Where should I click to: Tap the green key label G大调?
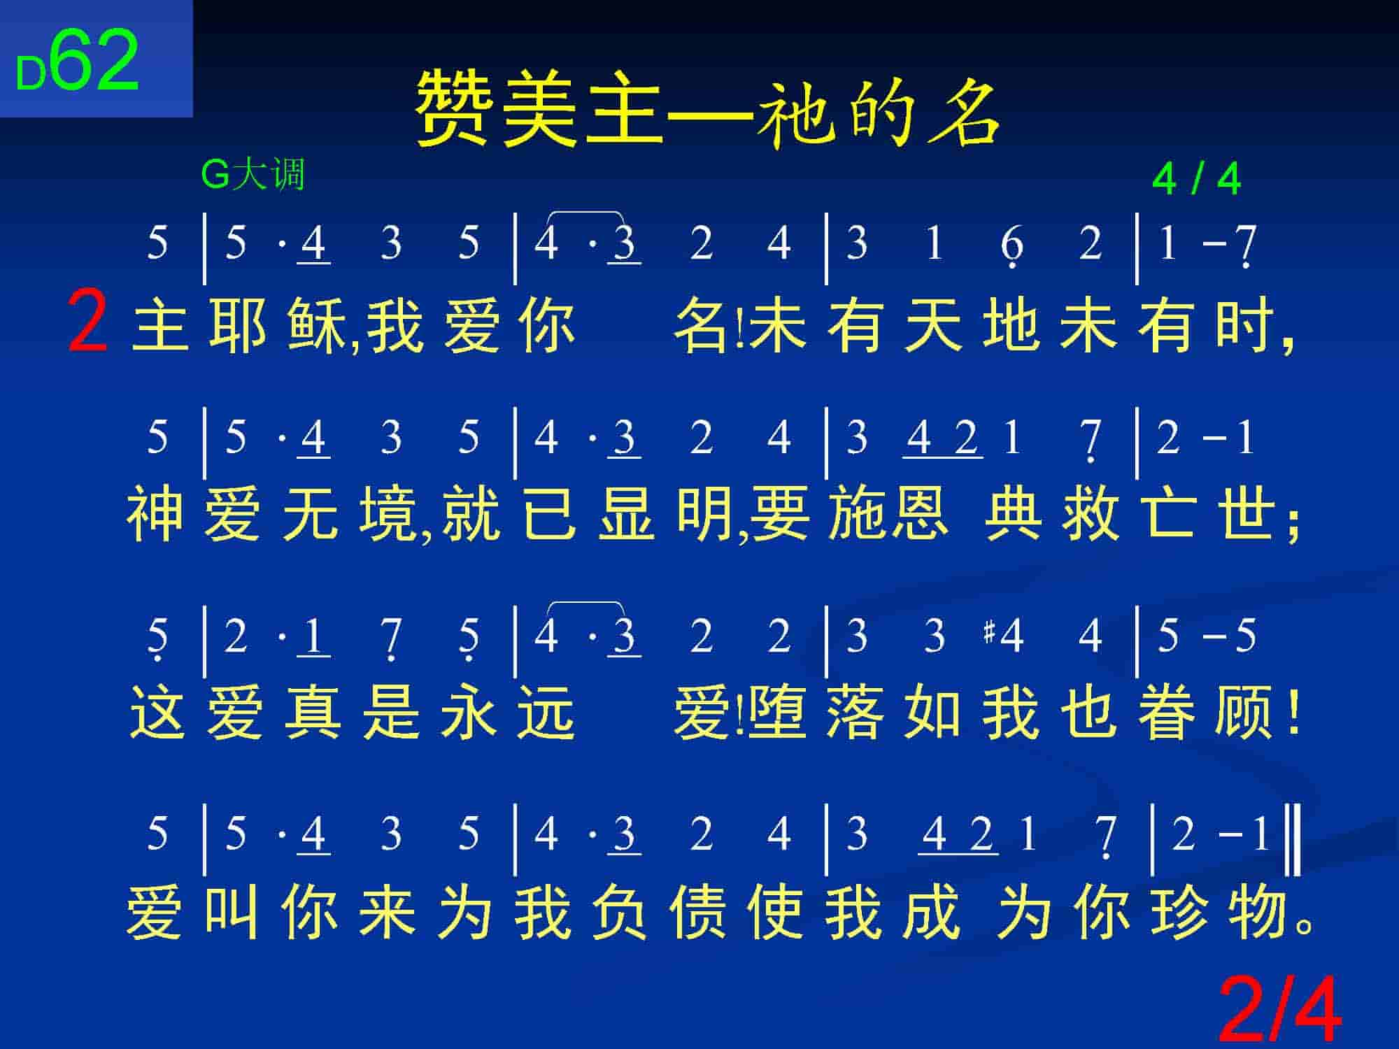pyautogui.click(x=253, y=174)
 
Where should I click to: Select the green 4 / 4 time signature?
pyautogui.click(x=1196, y=180)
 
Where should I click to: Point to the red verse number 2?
pyautogui.click(x=88, y=323)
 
